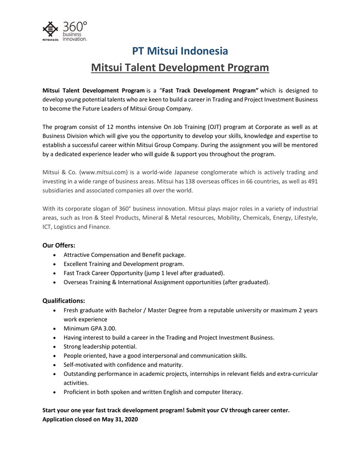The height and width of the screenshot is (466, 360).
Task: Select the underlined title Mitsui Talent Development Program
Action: tap(180, 68)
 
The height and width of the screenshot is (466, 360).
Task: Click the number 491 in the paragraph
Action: tap(312, 181)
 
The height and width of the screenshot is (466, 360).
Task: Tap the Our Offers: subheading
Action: tap(59, 245)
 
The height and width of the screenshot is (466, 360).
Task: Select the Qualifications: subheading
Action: tap(63, 301)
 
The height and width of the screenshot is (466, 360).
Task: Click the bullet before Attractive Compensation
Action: tap(56, 255)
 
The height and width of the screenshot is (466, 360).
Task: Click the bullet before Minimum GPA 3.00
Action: tap(56, 329)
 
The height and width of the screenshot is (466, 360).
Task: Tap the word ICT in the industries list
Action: tap(47, 227)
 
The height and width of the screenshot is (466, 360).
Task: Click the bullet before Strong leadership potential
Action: tap(56, 347)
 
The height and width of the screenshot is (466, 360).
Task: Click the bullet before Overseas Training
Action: tap(56, 282)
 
